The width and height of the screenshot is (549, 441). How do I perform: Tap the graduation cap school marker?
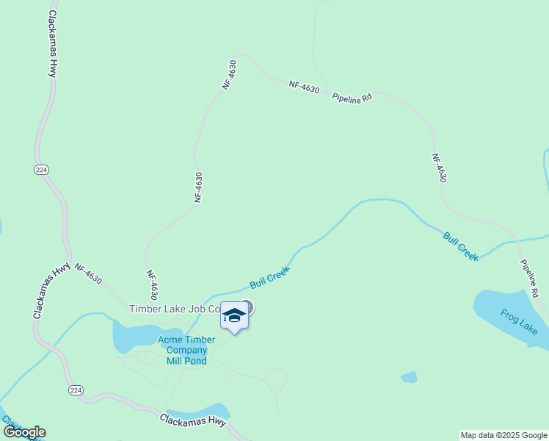pyautogui.click(x=234, y=316)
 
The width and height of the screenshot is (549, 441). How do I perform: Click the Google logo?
pyautogui.click(x=24, y=431)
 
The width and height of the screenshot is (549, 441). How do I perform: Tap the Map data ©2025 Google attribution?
pyautogui.click(x=503, y=435)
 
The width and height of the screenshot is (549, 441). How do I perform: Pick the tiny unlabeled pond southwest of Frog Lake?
pyautogui.click(x=409, y=377)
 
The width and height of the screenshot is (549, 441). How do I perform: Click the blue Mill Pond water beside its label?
pyautogui.click(x=132, y=337)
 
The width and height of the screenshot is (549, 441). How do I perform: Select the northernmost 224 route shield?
pyautogui.click(x=40, y=170)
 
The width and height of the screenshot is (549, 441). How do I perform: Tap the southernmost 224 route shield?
pyautogui.click(x=76, y=389)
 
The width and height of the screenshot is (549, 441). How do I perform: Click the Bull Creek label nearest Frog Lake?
pyautogui.click(x=461, y=246)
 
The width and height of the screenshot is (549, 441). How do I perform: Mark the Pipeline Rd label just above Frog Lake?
pyautogui.click(x=530, y=278)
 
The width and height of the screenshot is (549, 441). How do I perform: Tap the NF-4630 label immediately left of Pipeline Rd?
pyautogui.click(x=304, y=87)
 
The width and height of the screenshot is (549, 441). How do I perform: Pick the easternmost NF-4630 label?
pyautogui.click(x=439, y=168)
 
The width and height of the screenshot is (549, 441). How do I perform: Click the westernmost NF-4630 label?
pyautogui.click(x=87, y=276)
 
